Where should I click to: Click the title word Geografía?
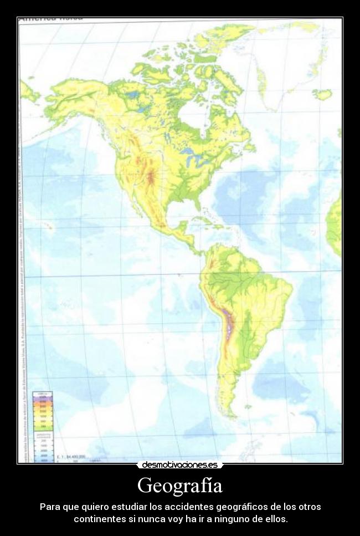180,486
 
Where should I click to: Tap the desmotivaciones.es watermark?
180,465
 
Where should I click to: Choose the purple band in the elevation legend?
43,398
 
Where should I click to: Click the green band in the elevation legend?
43,426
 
